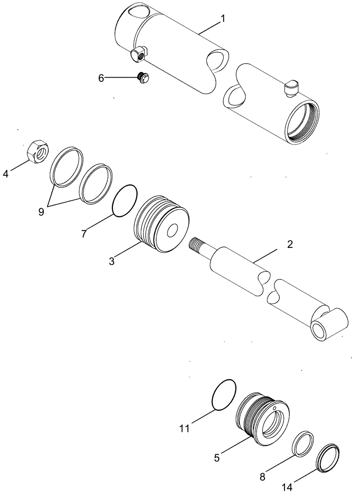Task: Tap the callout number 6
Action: (x=101, y=78)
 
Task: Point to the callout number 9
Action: (x=41, y=211)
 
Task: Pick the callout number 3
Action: (x=112, y=261)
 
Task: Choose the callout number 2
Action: (x=290, y=245)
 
